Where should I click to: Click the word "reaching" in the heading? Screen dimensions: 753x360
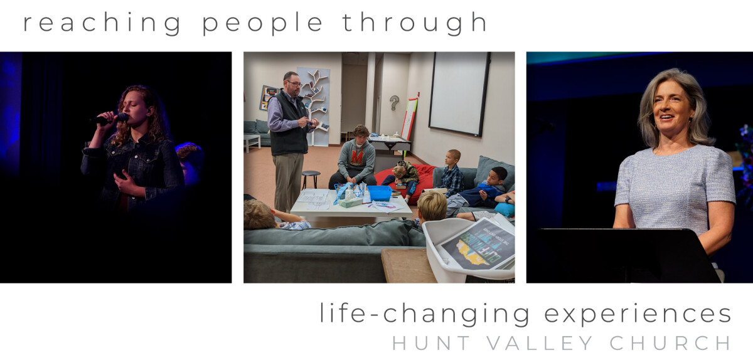[102, 23]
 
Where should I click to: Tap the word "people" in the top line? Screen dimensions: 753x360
[262, 23]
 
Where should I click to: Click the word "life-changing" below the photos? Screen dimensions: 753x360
[424, 314]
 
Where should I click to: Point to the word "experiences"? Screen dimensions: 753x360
[638, 314]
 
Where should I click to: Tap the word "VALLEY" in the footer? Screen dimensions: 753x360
[540, 343]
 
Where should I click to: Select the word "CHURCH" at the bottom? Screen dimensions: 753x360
[670, 343]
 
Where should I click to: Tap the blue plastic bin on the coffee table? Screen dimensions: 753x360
[380, 193]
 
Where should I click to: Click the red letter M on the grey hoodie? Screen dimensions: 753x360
[357, 157]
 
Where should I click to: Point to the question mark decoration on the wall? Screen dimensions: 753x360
[394, 102]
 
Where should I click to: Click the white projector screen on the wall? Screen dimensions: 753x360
[459, 93]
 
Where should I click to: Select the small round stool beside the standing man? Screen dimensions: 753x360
[311, 179]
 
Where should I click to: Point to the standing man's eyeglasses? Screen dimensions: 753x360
[294, 83]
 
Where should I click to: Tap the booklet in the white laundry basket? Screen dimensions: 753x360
[478, 245]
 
